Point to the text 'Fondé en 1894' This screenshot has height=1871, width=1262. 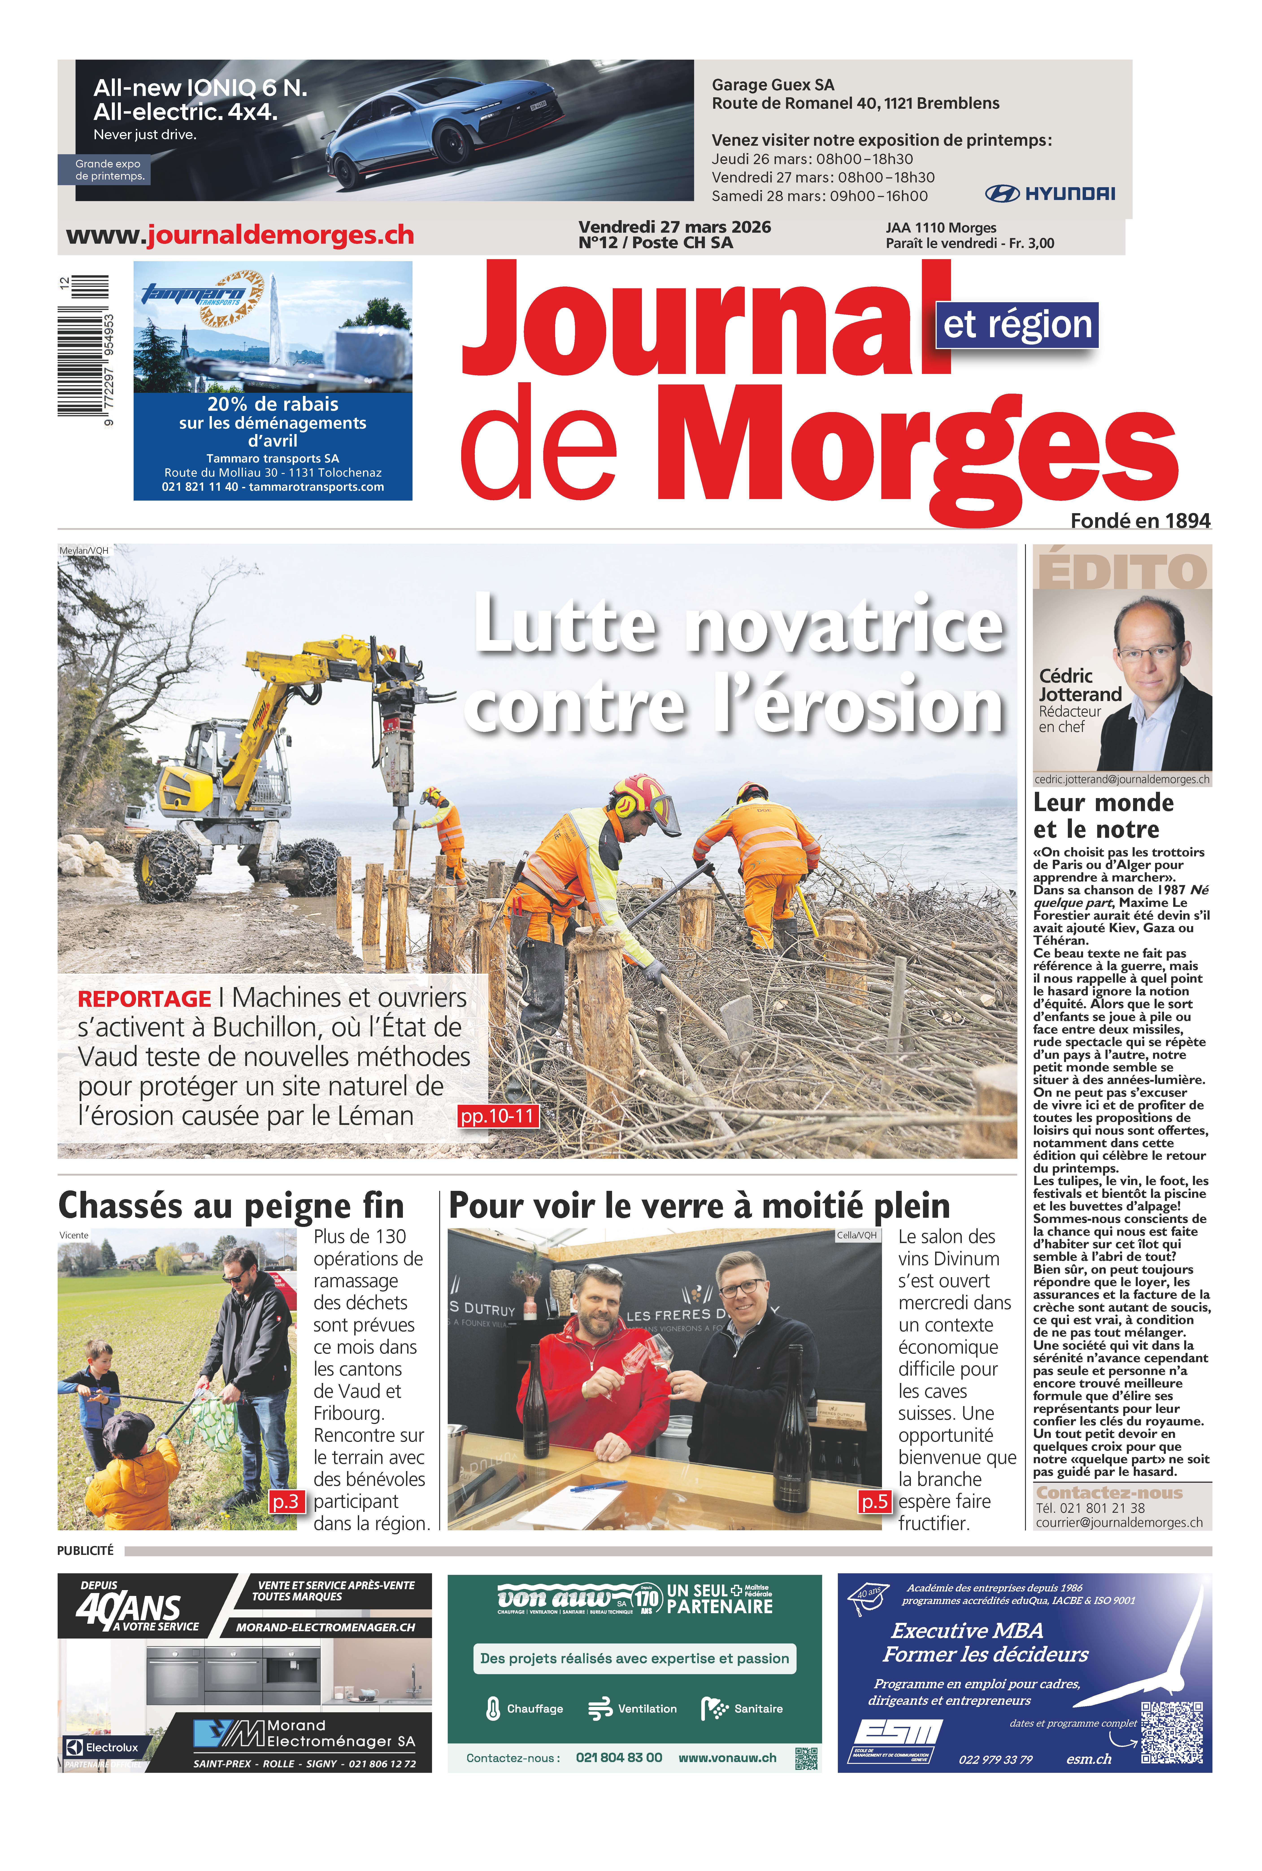[1140, 521]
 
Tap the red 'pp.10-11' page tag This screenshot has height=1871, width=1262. [497, 1116]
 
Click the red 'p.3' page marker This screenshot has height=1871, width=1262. [286, 1501]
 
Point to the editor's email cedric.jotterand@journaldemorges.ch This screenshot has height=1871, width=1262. [1122, 779]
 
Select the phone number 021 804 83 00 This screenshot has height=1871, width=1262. [619, 1758]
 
